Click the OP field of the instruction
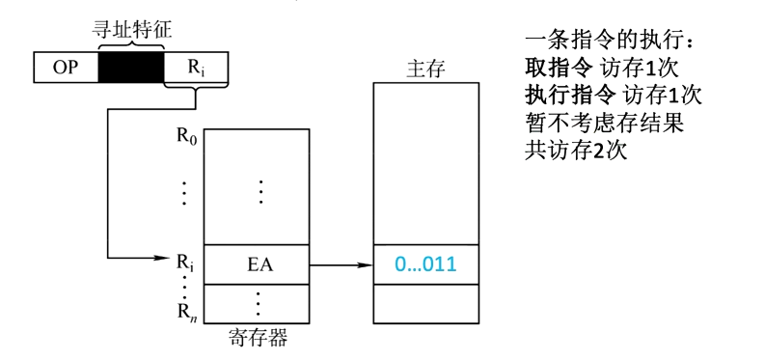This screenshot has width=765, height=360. (66, 68)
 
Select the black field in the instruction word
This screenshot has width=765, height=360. (130, 68)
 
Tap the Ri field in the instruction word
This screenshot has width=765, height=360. (195, 68)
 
